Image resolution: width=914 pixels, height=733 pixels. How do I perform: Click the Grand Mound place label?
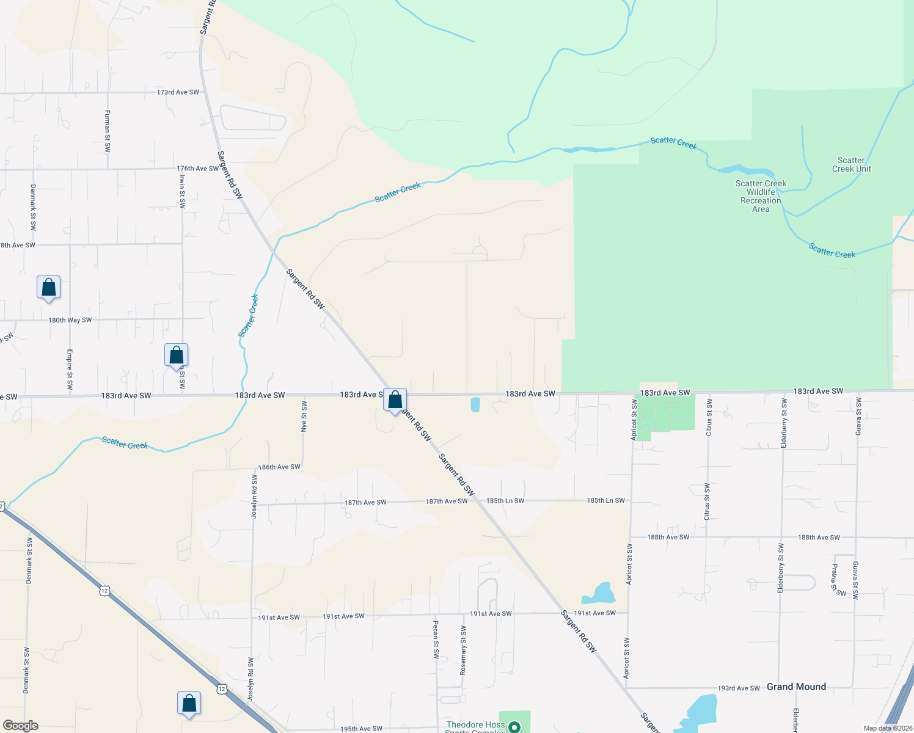click(796, 687)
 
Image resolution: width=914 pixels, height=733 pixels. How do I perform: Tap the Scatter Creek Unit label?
click(851, 165)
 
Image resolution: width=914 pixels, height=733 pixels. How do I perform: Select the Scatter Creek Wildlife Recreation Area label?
click(761, 196)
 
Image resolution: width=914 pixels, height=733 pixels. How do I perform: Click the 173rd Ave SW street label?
click(178, 92)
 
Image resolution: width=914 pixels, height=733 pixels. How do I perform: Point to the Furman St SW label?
click(108, 131)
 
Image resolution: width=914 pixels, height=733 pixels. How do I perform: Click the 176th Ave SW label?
click(197, 169)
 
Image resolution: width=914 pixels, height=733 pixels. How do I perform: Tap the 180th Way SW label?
click(70, 320)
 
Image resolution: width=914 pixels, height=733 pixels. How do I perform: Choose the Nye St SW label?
click(304, 416)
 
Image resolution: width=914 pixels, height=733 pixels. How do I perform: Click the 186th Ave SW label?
click(279, 467)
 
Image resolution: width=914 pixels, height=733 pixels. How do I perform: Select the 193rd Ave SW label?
click(739, 688)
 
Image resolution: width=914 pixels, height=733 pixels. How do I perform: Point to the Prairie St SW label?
click(837, 580)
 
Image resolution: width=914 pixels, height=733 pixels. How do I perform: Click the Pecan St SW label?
click(436, 639)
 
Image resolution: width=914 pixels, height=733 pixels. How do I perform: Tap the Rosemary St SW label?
click(463, 650)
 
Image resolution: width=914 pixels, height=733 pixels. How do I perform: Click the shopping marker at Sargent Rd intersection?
click(395, 400)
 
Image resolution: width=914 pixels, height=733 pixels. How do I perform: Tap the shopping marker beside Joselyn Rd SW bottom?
click(189, 704)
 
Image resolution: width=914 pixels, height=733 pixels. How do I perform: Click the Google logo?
click(21, 726)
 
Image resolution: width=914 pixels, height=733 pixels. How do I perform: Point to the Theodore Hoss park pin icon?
click(515, 727)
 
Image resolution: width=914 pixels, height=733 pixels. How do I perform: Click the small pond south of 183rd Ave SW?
click(475, 404)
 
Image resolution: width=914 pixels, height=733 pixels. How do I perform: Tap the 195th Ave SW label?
click(361, 729)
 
